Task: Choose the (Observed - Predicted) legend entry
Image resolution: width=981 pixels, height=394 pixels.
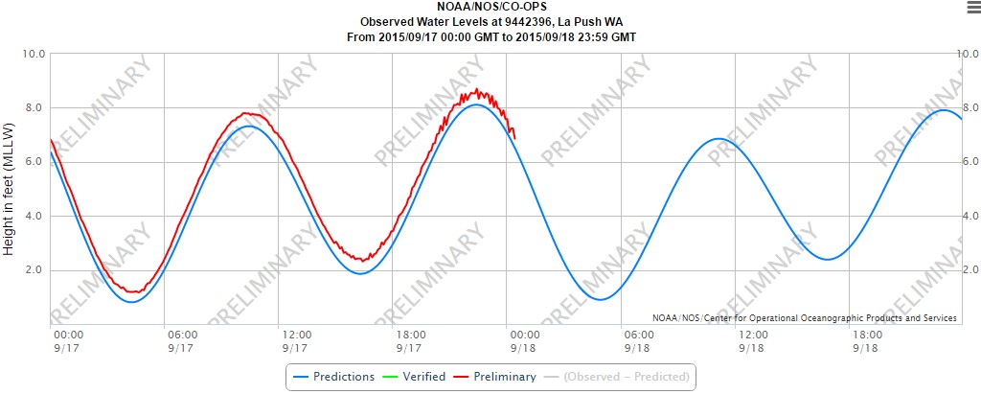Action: click(x=627, y=377)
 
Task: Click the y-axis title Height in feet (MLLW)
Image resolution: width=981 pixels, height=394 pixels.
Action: click(x=10, y=188)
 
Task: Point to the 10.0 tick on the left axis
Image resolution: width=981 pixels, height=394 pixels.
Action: click(x=34, y=54)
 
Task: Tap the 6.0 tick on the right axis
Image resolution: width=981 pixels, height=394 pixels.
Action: click(x=969, y=162)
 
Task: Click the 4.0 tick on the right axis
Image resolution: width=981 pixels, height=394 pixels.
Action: click(x=969, y=216)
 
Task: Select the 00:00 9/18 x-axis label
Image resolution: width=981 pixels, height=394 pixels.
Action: click(x=523, y=340)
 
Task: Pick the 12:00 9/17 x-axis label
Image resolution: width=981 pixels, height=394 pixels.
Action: click(x=295, y=340)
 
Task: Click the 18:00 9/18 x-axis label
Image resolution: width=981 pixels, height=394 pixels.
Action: click(x=866, y=340)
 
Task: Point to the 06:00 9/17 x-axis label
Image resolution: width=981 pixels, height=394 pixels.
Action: click(x=182, y=340)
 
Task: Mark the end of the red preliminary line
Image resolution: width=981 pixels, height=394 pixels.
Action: click(x=515, y=137)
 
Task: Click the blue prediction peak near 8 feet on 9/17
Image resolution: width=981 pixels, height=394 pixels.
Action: click(x=476, y=104)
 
